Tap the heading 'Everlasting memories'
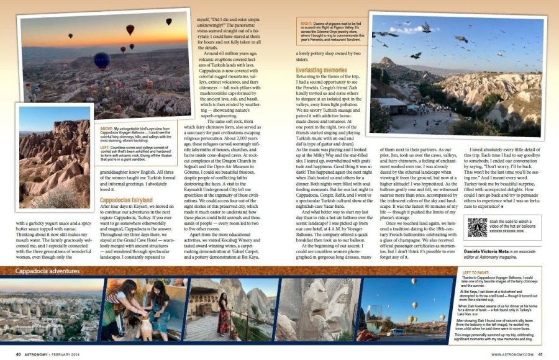coord(321,71)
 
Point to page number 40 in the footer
coord(19,354)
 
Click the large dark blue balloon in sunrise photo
coord(102,60)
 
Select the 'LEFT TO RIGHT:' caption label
coord(476,273)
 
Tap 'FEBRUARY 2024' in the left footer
coord(58,354)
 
